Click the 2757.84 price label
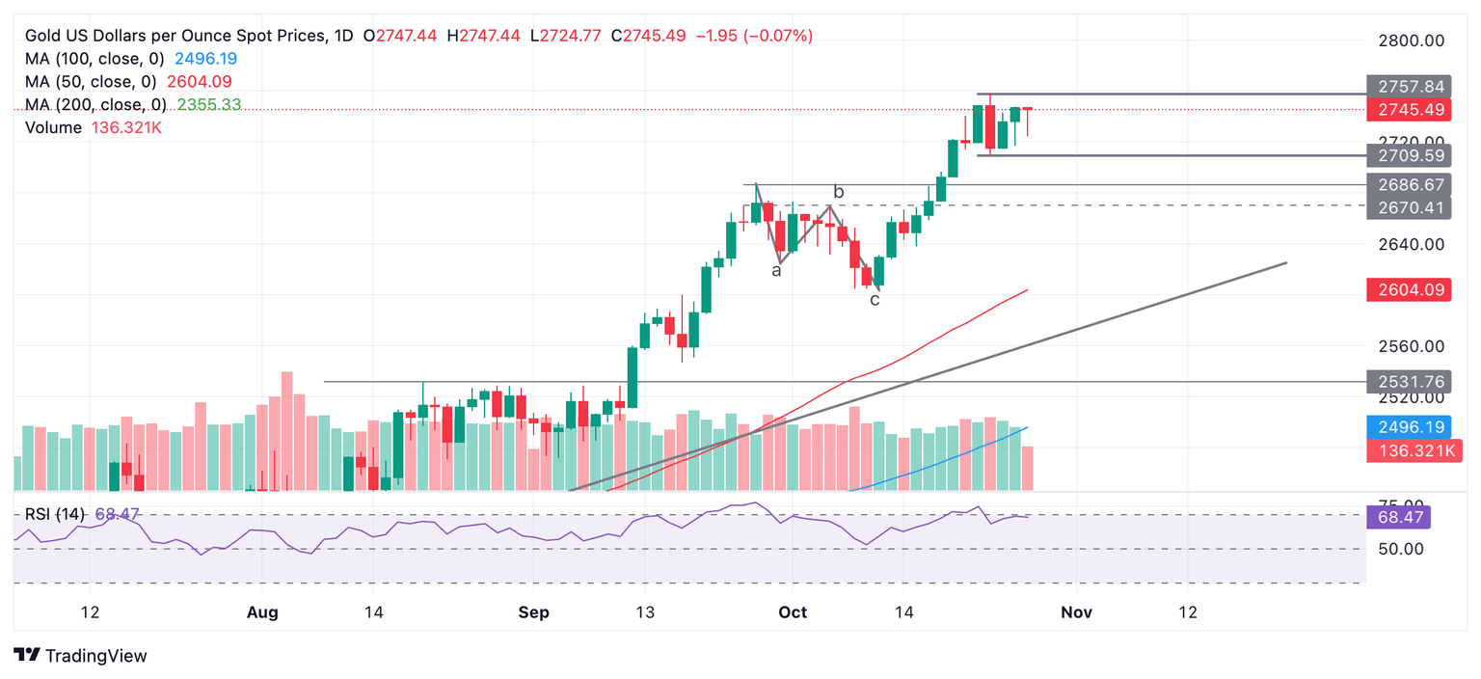[1409, 86]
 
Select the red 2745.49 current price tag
[1409, 110]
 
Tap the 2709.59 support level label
[1409, 155]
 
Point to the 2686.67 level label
[1409, 184]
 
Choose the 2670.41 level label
[1409, 206]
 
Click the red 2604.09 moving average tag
[1409, 288]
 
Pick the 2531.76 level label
[1409, 381]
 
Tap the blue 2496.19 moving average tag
[1409, 427]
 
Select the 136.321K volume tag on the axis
[1409, 450]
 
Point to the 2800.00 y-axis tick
[1409, 41]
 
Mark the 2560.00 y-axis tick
[1409, 346]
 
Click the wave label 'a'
[776, 271]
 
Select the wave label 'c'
[875, 300]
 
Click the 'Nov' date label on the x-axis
[1076, 612]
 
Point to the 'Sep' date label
[533, 612]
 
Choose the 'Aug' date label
[262, 612]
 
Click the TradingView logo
[81, 656]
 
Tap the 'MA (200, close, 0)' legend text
[95, 104]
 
